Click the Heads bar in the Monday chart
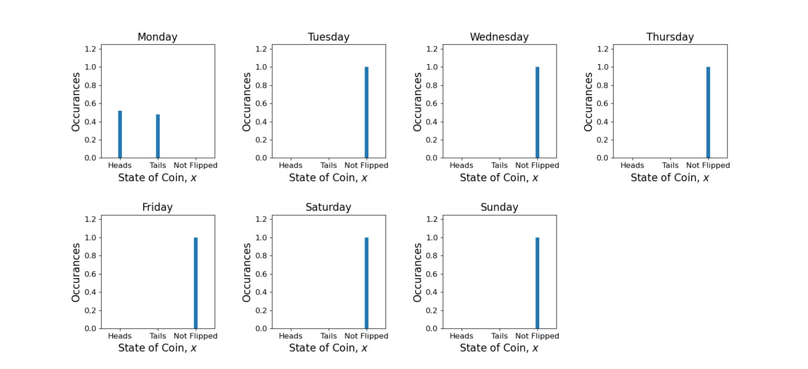click(120, 134)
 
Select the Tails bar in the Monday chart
click(158, 136)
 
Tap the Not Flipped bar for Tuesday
click(367, 112)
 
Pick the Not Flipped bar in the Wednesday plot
click(537, 112)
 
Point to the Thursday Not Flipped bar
click(708, 112)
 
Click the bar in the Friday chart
click(196, 283)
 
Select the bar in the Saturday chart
click(367, 283)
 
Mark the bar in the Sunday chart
click(537, 283)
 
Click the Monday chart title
click(157, 37)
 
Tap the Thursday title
click(670, 37)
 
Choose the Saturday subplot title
click(328, 208)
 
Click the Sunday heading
click(499, 208)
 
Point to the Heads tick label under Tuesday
click(290, 166)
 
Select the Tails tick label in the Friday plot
click(158, 336)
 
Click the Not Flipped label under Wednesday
click(537, 166)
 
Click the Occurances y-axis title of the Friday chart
click(76, 272)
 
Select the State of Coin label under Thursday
click(670, 178)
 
